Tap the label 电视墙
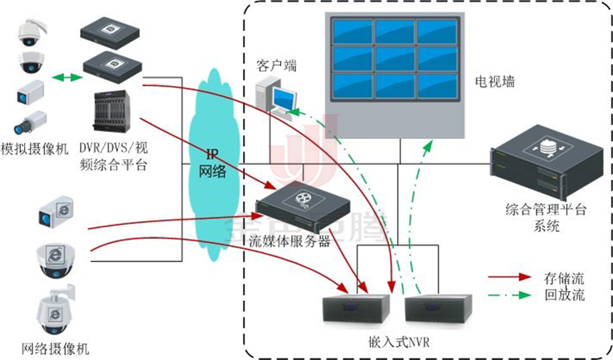(x=495, y=81)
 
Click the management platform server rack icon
(x=548, y=165)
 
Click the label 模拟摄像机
(x=34, y=148)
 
